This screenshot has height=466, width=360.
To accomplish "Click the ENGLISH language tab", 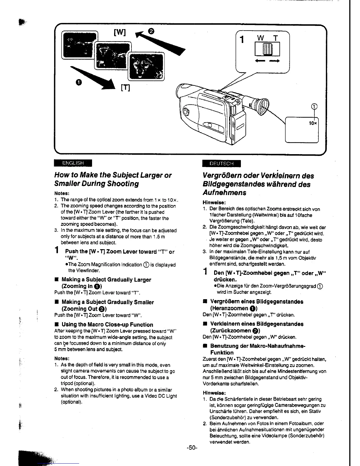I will click(x=73, y=163).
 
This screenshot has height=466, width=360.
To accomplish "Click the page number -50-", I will click(x=192, y=448).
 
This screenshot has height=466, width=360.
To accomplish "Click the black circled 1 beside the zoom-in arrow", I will click(x=79, y=82).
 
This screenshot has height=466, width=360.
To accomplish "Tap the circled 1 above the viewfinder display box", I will click(x=314, y=107).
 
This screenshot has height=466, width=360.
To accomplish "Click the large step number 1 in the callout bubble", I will click(x=242, y=39).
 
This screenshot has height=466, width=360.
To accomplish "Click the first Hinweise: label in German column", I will click(x=214, y=202).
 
